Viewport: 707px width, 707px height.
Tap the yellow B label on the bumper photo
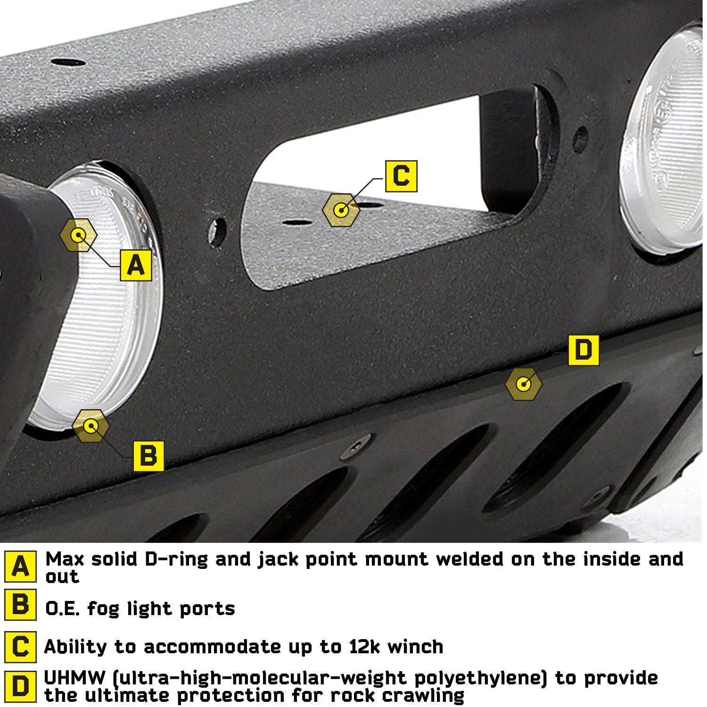tap(148, 456)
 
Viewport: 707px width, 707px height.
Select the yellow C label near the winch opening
tap(401, 176)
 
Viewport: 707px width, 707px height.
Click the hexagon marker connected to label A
tap(78, 235)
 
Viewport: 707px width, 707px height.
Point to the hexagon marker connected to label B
tap(90, 426)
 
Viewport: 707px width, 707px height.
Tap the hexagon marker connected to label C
tap(341, 210)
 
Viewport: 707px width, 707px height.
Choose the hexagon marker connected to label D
tap(523, 384)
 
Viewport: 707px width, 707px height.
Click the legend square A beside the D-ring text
tap(20, 566)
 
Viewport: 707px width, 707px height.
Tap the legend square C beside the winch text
tap(20, 647)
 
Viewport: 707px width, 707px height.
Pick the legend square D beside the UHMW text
tap(20, 686)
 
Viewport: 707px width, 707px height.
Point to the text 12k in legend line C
tap(363, 647)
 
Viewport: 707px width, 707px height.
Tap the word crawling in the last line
tap(420, 695)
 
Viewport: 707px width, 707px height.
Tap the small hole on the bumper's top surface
tap(68, 62)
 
